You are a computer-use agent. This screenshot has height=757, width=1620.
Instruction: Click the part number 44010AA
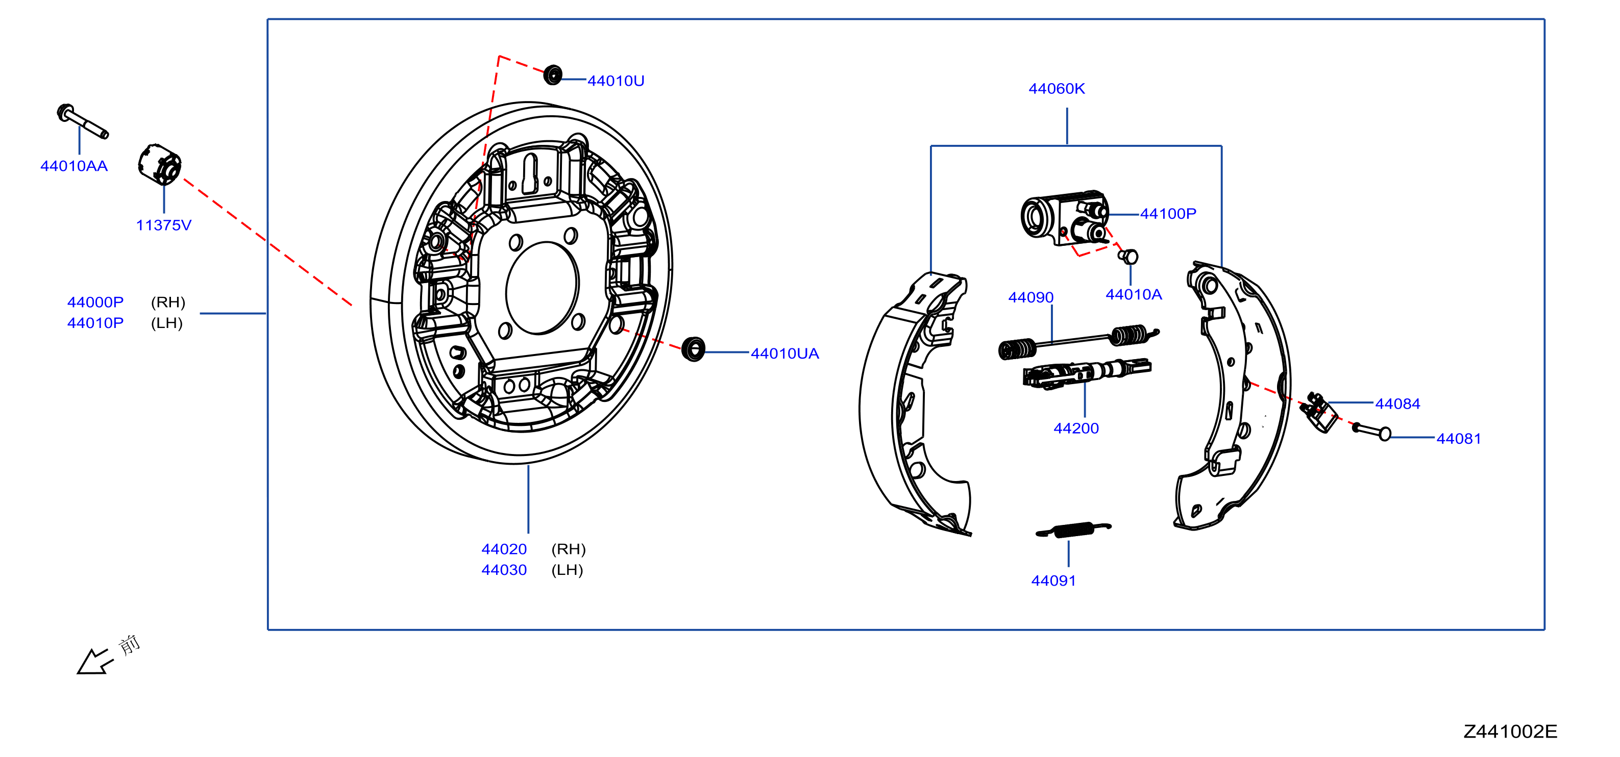coord(74,166)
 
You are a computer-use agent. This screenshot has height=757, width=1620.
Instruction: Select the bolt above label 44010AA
coord(82,121)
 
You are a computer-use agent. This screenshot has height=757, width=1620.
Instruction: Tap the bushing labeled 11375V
coord(160,165)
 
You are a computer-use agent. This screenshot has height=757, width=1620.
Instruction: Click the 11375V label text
coord(163,225)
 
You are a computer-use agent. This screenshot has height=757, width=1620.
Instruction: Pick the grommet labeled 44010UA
coord(694,349)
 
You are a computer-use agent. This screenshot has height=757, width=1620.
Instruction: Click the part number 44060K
coord(1057,89)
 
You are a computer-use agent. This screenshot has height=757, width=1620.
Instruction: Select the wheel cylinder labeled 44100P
coord(1065,217)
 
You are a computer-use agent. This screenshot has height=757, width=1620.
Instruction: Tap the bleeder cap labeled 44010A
coord(1128,257)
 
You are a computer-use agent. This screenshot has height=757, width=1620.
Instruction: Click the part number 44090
coord(1030,297)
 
